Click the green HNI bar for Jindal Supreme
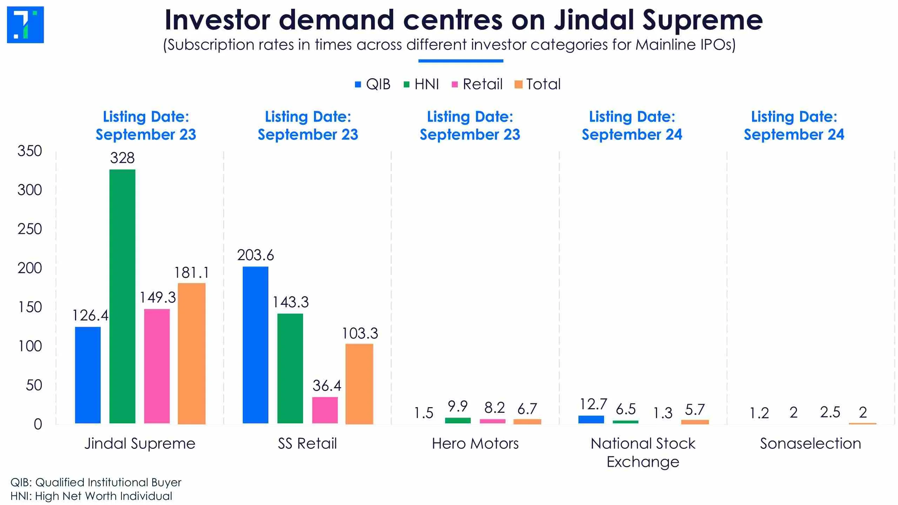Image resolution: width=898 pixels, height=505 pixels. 122,296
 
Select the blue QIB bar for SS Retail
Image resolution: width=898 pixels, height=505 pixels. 255,345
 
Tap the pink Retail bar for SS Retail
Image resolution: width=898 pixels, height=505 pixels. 325,410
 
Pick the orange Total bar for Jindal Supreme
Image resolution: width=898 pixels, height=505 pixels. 192,353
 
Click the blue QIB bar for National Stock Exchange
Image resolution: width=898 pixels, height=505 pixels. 591,419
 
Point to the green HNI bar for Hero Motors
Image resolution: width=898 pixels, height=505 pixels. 458,420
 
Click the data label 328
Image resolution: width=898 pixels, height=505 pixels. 122,158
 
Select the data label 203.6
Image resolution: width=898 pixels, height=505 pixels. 255,255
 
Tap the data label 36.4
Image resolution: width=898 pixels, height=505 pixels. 327,386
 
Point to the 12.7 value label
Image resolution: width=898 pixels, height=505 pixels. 593,404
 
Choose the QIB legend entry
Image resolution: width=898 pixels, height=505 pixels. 373,84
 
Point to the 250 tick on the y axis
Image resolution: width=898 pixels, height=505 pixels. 30,229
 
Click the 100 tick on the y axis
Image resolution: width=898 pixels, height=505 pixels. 30,346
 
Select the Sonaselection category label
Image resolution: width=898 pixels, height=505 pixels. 810,444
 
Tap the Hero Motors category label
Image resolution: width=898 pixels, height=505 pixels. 475,444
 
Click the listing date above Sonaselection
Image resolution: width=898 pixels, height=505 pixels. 794,126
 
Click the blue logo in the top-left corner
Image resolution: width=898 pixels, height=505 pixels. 25,25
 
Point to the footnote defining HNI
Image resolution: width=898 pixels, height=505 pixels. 91,496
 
